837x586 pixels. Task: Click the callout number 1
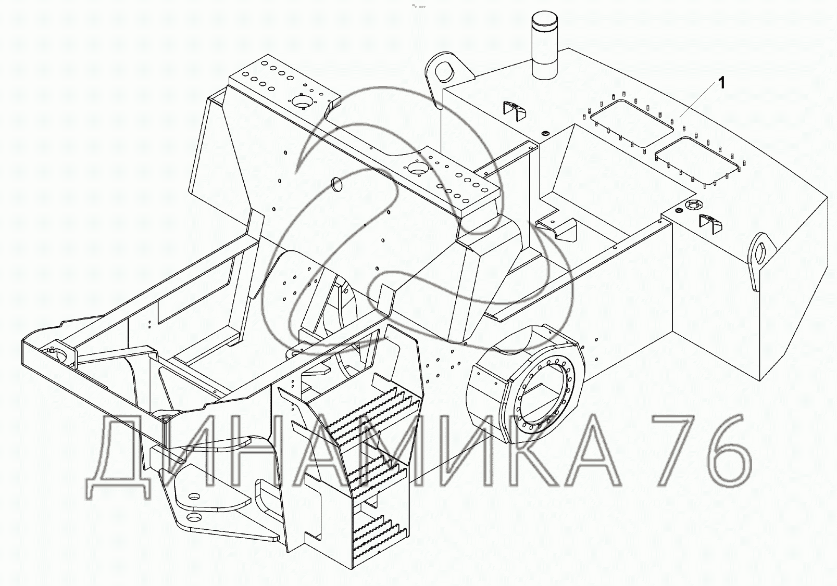point(721,83)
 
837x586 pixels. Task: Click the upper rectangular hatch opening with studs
point(632,123)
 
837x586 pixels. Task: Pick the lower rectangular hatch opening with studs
point(697,160)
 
